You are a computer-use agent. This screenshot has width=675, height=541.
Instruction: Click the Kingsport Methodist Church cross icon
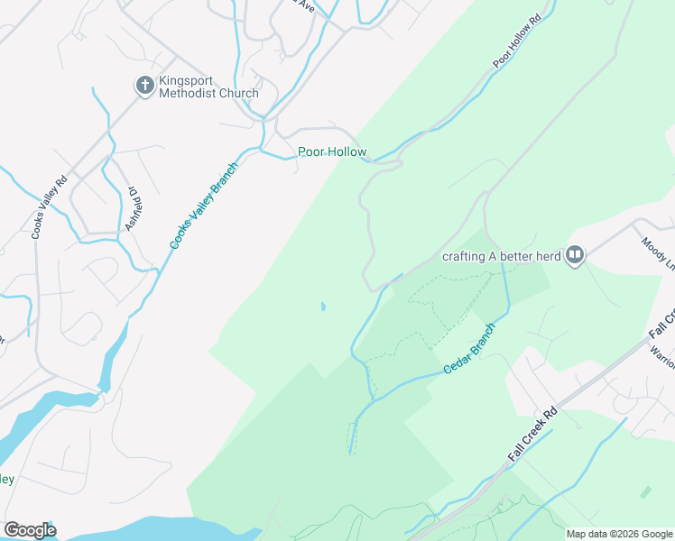pos(144,86)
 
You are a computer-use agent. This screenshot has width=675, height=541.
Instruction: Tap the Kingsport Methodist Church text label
pos(208,87)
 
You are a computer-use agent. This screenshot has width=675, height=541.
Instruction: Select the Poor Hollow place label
pos(333,151)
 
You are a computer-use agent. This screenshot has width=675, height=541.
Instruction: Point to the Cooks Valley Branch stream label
pos(204,206)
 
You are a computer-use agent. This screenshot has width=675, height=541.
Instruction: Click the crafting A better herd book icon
pos(575,256)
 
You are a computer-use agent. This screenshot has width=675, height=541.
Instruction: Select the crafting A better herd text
pos(501,256)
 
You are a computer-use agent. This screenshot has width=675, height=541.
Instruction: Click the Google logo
pos(30,529)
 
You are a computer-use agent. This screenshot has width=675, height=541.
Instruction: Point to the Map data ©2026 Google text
pos(619,534)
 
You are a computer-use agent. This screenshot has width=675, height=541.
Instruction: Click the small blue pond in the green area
pos(322,307)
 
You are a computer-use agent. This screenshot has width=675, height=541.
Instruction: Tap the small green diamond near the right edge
pos(645,492)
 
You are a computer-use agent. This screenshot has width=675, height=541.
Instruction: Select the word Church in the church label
pos(238,93)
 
